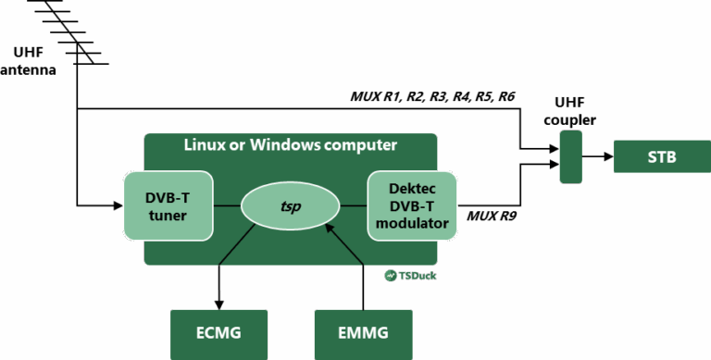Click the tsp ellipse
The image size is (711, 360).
(x=290, y=205)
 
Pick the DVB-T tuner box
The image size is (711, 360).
(x=168, y=205)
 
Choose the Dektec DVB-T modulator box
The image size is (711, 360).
(x=412, y=205)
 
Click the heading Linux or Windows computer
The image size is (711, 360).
(x=290, y=145)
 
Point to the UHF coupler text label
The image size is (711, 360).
(x=570, y=110)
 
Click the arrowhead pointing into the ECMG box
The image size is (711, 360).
(x=218, y=303)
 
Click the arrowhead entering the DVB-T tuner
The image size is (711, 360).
(x=115, y=205)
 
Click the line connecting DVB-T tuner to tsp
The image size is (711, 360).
(x=228, y=205)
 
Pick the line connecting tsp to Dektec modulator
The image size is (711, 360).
(x=353, y=205)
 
